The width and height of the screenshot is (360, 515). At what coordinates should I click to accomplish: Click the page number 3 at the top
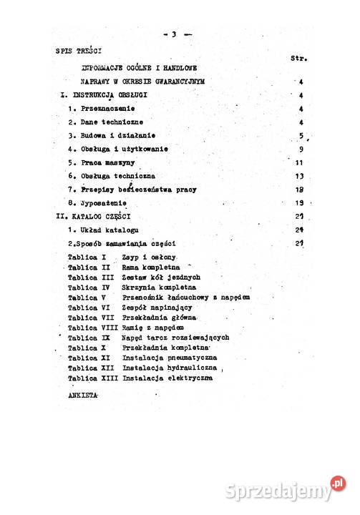(x=173, y=34)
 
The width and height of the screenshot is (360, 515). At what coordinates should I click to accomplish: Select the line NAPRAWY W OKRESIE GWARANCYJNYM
(x=143, y=82)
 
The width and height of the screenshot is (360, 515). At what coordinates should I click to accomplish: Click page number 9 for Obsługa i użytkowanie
(x=303, y=149)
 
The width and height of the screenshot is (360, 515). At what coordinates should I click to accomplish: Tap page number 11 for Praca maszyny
(x=301, y=162)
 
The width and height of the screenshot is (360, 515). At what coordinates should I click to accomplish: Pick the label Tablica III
(x=89, y=277)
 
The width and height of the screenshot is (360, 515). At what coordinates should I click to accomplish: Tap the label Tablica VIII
(x=92, y=327)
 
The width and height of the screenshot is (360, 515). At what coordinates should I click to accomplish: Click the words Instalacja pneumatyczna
(x=170, y=357)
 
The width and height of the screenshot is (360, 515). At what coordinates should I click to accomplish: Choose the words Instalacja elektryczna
(x=167, y=377)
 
